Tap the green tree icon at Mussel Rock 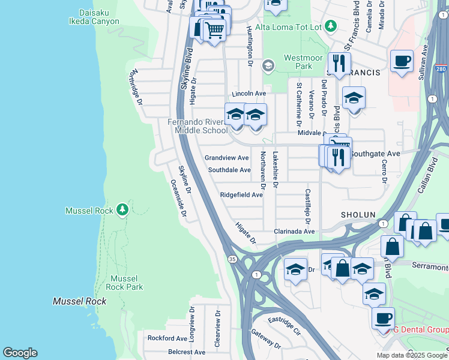pyautogui.click(x=122, y=209)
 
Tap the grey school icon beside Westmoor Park pyautogui.click(x=268, y=65)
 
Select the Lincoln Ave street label pyautogui.click(x=249, y=94)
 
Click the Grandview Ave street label pyautogui.click(x=226, y=158)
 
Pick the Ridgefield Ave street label pyautogui.click(x=241, y=195)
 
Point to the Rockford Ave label pyautogui.click(x=168, y=338)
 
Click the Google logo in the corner pyautogui.click(x=20, y=353)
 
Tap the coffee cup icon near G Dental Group pyautogui.click(x=382, y=318)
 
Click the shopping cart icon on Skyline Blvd pyautogui.click(x=214, y=29)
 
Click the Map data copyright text pyautogui.click(x=412, y=355)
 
